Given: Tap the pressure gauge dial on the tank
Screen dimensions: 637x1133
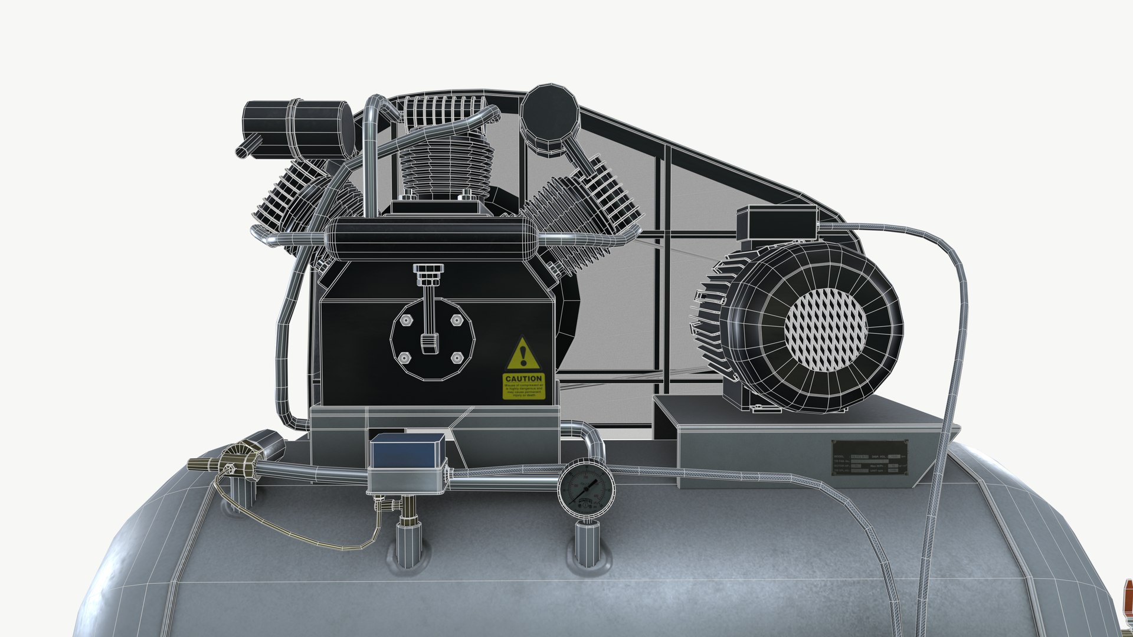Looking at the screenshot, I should pyautogui.click(x=586, y=489).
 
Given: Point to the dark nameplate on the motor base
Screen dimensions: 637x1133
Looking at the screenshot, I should pyautogui.click(x=869, y=458).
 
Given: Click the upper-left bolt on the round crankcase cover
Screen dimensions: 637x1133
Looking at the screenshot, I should pyautogui.click(x=405, y=320).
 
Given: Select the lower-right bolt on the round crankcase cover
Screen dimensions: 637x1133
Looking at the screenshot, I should pyautogui.click(x=456, y=357).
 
